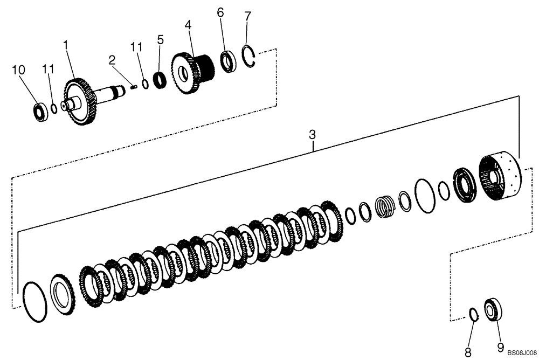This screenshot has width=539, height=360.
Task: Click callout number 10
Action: click(19, 70)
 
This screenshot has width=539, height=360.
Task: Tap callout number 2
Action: click(112, 60)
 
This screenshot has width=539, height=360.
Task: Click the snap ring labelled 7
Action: click(249, 57)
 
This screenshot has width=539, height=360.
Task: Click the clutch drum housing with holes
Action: click(500, 178)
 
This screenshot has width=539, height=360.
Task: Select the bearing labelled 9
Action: click(492, 311)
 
